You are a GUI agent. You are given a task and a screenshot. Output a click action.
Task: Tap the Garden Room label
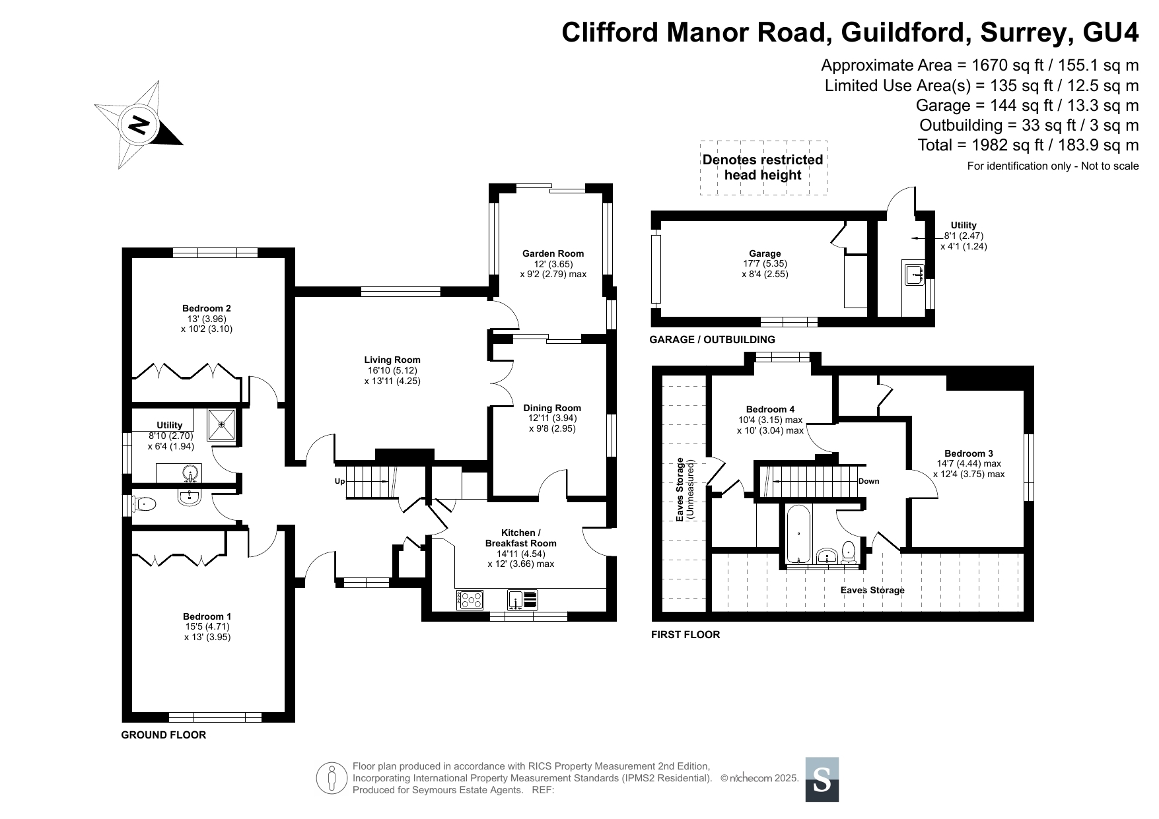(x=553, y=253)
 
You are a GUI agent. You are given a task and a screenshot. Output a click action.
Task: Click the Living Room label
(x=392, y=360)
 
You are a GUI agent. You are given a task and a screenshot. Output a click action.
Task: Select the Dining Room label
(x=552, y=408)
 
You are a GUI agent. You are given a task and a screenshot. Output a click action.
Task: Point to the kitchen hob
(x=470, y=599)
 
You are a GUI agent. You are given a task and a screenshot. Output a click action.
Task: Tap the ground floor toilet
(x=143, y=505)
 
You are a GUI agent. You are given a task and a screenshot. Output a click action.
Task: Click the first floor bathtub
(x=799, y=533)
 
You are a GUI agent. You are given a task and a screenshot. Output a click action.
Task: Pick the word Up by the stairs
(x=340, y=481)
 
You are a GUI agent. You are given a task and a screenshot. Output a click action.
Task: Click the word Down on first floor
(x=868, y=481)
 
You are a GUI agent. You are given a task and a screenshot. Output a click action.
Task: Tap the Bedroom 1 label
(x=207, y=616)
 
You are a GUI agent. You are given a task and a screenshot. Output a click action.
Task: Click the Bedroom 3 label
(x=968, y=453)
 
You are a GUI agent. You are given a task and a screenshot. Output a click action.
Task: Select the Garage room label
(x=765, y=253)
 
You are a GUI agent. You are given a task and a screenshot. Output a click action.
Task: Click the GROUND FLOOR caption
(x=164, y=735)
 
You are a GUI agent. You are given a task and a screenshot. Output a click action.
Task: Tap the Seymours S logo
(x=822, y=779)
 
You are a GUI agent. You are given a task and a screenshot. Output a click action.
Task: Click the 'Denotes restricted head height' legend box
(x=763, y=168)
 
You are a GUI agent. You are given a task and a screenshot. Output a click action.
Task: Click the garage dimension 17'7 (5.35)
(x=765, y=264)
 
